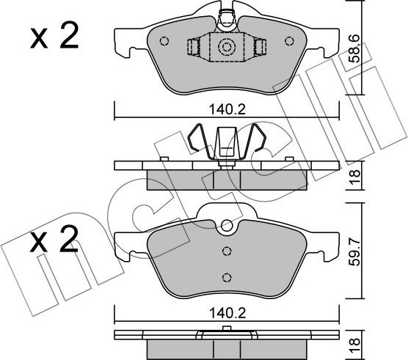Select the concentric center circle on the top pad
coord(227,48)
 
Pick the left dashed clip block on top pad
coord(194,48)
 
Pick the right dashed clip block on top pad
coord(259,48)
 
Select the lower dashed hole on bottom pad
coord(227,276)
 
